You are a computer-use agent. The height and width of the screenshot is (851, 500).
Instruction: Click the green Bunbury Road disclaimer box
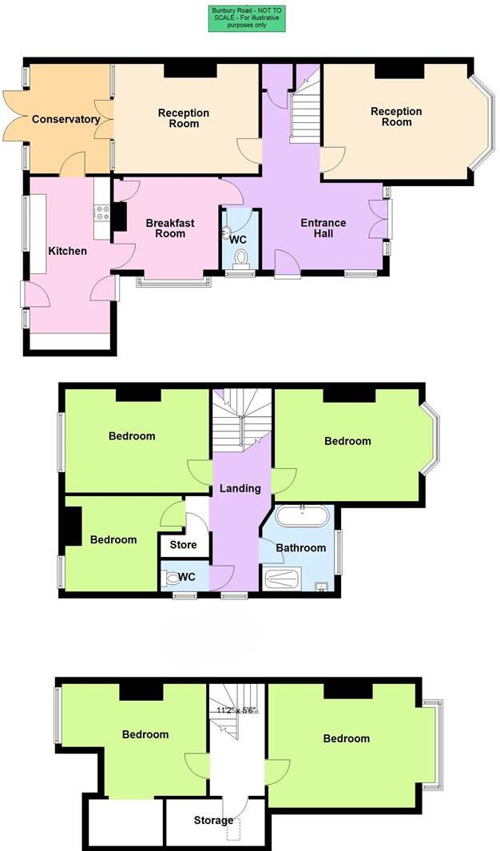[247, 18]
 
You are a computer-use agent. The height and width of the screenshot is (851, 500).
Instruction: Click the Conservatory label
[65, 120]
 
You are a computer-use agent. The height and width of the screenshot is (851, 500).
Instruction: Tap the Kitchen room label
[68, 251]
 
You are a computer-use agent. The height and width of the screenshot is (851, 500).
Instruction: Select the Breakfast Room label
[170, 229]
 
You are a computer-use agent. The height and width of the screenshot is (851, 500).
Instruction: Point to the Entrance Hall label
[323, 229]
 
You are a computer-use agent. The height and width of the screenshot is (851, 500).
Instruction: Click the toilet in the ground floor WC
[241, 258]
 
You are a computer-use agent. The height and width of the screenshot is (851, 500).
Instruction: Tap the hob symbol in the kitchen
[102, 213]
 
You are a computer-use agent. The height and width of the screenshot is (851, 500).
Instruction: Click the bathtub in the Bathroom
[302, 515]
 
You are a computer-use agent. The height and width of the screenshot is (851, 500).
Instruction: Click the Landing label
[240, 488]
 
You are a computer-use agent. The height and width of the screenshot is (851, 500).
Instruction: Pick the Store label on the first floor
[185, 545]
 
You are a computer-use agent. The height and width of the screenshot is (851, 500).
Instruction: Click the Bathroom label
[301, 548]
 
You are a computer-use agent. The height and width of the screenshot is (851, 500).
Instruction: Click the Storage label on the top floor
[214, 821]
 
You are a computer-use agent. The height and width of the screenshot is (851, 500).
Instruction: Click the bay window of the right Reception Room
[482, 124]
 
